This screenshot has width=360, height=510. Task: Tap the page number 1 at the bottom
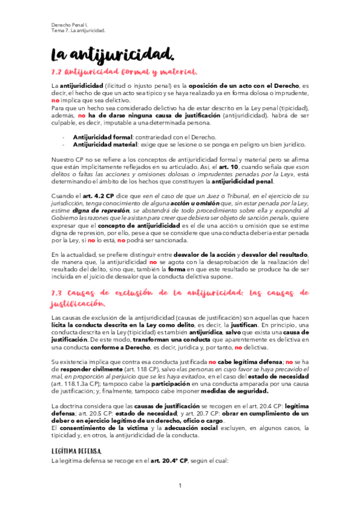[180, 485]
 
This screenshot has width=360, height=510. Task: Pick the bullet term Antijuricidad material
[105, 144]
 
